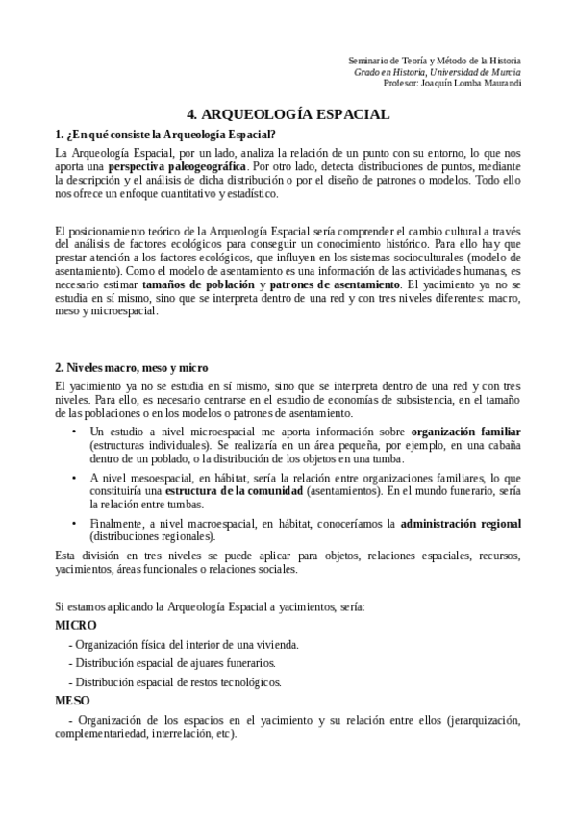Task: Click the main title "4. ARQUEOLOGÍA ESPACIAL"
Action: (288, 114)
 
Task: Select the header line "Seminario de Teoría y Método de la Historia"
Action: (435, 61)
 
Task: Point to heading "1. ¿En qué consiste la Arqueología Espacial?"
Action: (165, 134)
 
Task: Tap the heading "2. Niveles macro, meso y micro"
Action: (131, 368)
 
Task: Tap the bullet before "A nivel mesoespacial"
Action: (75, 478)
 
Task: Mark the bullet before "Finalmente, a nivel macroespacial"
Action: (75, 524)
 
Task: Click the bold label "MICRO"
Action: (76, 625)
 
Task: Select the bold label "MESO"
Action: (73, 701)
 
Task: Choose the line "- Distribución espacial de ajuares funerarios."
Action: (172, 663)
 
